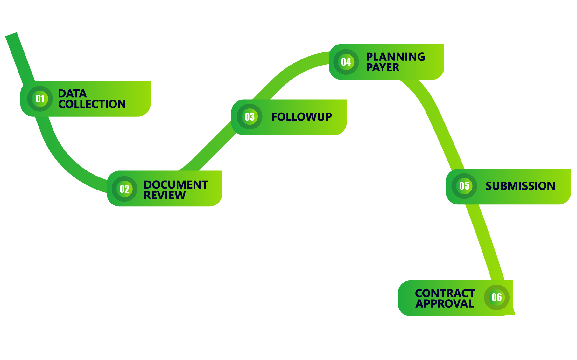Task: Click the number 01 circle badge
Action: click(x=40, y=99)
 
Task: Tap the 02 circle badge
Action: click(x=124, y=189)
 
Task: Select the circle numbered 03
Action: click(x=250, y=117)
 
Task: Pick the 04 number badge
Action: click(x=346, y=62)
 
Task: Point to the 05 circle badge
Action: click(x=464, y=186)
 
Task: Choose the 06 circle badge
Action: click(x=496, y=297)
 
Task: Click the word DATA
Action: click(x=72, y=93)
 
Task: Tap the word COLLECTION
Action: click(x=92, y=104)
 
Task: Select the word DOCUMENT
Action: click(x=176, y=185)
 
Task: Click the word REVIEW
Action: click(x=165, y=195)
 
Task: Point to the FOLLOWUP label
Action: click(x=301, y=117)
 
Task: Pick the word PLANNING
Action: click(x=395, y=57)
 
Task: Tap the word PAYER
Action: click(x=383, y=67)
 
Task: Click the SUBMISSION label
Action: click(x=520, y=186)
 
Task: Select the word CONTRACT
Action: click(x=445, y=293)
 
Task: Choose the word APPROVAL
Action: click(x=445, y=304)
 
